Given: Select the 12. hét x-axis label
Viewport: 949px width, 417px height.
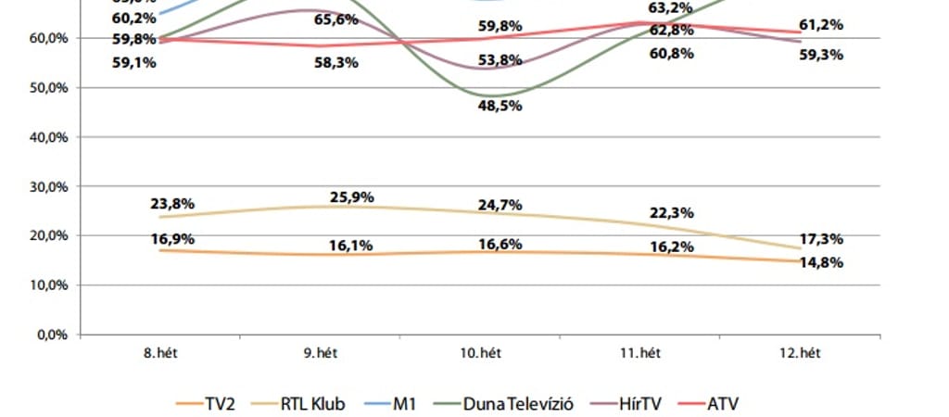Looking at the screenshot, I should tap(797, 353).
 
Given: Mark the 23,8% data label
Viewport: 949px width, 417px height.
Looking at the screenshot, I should tap(172, 205).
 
